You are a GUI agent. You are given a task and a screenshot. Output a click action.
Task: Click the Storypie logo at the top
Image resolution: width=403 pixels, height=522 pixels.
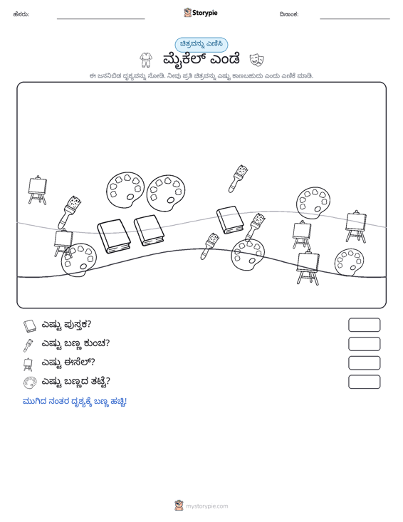(200, 13)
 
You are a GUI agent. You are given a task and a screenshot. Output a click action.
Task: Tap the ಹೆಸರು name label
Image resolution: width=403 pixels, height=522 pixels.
(21, 14)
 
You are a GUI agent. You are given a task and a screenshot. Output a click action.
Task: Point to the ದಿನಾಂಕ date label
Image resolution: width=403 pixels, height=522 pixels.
(289, 14)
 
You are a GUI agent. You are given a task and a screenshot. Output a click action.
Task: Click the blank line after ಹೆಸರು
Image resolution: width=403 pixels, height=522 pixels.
(101, 19)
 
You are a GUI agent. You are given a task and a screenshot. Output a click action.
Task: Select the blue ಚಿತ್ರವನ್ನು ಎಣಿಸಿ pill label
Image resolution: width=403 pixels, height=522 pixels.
(201, 45)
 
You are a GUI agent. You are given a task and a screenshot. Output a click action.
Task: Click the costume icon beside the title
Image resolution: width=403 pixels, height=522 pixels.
(145, 60)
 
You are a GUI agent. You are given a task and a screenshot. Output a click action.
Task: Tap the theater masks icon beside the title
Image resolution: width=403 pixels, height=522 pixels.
(257, 59)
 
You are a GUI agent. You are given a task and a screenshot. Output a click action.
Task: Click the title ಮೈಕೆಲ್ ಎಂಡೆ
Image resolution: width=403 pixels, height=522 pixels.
(201, 59)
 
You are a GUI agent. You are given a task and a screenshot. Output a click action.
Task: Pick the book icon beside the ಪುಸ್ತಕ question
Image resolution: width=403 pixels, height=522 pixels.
(29, 325)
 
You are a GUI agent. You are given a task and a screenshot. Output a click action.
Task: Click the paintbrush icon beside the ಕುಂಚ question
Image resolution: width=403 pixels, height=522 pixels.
(28, 345)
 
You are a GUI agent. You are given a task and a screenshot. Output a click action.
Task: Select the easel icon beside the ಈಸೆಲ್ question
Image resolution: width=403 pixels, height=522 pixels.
(28, 364)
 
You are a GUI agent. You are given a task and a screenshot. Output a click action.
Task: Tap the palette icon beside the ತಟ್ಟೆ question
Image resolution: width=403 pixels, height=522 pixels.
(30, 382)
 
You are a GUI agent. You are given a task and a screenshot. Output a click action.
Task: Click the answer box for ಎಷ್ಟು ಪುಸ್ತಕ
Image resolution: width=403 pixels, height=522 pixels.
(364, 325)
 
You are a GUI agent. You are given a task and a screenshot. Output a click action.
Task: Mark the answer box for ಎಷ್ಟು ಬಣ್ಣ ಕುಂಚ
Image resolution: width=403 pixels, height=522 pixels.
(364, 344)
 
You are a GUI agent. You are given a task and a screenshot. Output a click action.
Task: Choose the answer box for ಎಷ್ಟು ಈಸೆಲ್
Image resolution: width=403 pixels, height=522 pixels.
(364, 363)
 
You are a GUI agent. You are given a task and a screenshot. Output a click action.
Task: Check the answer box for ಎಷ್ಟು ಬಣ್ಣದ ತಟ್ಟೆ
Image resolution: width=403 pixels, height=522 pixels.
(364, 382)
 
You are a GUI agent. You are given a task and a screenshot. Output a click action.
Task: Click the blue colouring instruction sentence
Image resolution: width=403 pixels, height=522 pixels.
(75, 402)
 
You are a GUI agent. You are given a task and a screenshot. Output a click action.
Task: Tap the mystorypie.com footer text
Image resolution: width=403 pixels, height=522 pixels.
(206, 506)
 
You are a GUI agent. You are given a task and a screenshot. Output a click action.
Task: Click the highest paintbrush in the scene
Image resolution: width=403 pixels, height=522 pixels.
(238, 179)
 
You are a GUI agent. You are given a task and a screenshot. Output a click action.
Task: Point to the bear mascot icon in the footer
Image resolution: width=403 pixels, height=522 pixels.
(179, 506)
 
